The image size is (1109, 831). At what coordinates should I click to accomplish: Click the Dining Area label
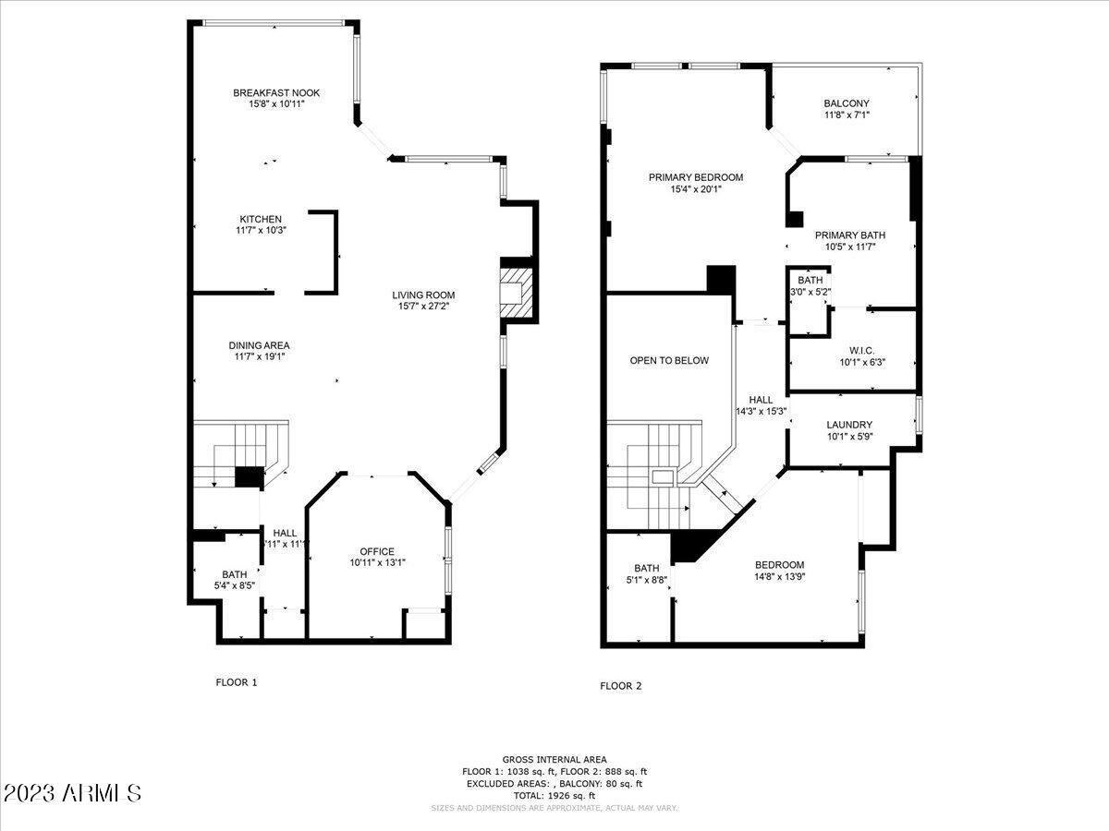click(x=259, y=345)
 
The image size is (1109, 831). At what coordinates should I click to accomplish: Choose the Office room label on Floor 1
click(x=377, y=551)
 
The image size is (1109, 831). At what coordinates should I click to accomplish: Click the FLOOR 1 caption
click(x=236, y=682)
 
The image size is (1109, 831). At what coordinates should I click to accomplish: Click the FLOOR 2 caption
click(x=620, y=686)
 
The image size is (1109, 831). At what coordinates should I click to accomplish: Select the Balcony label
click(x=846, y=103)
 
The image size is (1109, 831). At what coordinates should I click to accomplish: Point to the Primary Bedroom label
click(x=695, y=177)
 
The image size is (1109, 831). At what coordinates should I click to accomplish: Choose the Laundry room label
click(x=849, y=425)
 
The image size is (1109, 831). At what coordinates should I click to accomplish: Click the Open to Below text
click(x=669, y=360)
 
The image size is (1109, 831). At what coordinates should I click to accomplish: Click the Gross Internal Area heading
click(x=554, y=758)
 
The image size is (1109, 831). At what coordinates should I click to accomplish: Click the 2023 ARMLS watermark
click(x=72, y=793)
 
